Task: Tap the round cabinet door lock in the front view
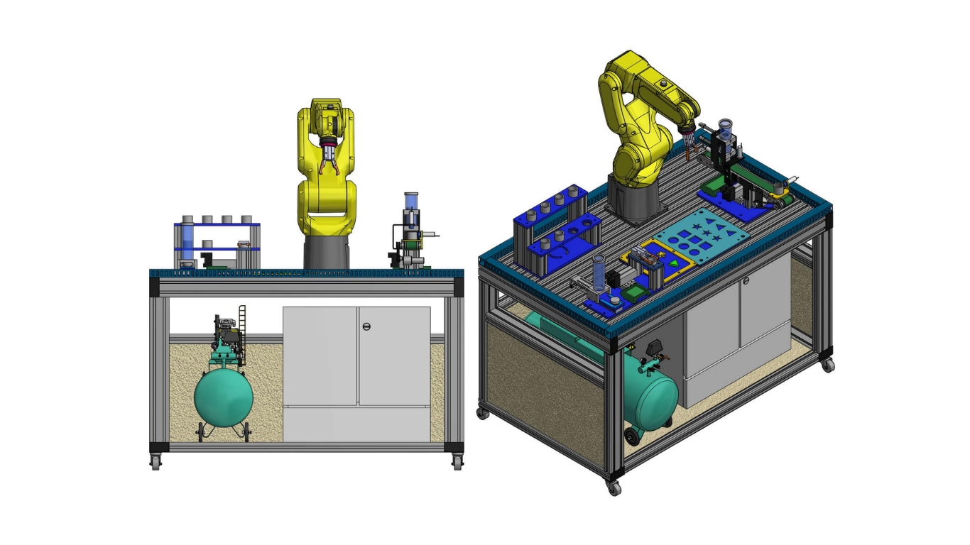(x=366, y=326)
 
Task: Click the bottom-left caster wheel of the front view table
(x=156, y=462)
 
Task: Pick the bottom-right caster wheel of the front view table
(x=457, y=462)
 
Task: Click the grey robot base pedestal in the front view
(x=327, y=252)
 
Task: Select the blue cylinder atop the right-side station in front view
(x=410, y=201)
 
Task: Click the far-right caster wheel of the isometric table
(x=827, y=365)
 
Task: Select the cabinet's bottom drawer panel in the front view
(x=356, y=424)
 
